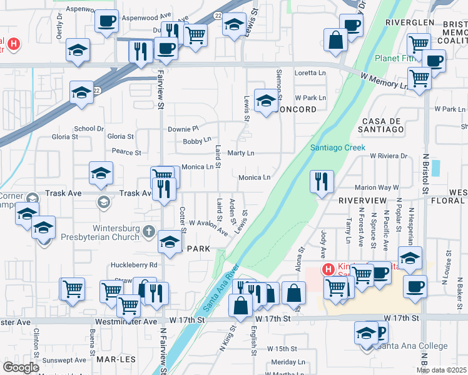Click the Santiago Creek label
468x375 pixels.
337,147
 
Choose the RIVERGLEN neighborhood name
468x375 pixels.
410,22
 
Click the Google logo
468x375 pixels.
21,367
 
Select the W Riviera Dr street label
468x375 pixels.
389,156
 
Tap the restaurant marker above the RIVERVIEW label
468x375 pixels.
322,182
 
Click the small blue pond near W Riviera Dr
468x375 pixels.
435,168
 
